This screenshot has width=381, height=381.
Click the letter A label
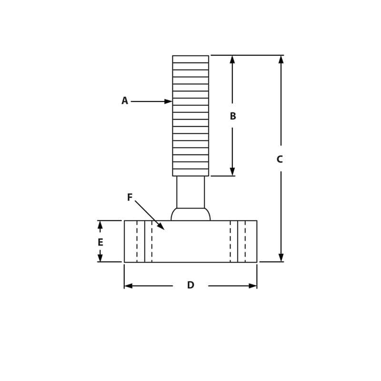[125, 101]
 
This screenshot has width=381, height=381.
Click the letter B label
[232, 116]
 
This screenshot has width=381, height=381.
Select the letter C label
[280, 160]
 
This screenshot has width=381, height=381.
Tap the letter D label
[190, 285]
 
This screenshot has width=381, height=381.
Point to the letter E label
[100, 242]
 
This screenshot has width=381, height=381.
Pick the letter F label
[130, 197]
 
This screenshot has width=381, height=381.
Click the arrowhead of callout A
[168, 101]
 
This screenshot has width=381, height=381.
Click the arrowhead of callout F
[161, 227]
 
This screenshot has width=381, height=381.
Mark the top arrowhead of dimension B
[232, 60]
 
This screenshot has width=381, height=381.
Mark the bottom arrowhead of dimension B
[232, 171]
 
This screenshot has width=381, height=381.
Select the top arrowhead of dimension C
[281, 60]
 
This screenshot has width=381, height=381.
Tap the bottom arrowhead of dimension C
[281, 257]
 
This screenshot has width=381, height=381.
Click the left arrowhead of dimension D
[129, 286]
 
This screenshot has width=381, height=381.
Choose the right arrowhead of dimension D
[252, 286]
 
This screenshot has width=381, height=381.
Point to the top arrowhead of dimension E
[100, 225]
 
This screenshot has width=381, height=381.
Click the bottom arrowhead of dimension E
[100, 258]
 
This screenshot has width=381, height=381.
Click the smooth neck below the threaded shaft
[190, 192]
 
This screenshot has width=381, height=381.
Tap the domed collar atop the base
[190, 214]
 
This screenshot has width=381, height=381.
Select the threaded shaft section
[190, 116]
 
